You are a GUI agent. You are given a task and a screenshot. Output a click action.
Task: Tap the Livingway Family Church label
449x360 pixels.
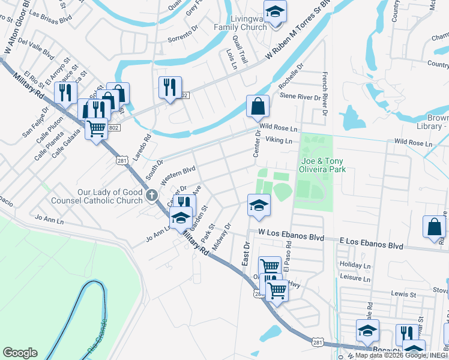point(241,23)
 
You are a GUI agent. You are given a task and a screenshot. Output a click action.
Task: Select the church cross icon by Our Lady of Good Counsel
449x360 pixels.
point(152,194)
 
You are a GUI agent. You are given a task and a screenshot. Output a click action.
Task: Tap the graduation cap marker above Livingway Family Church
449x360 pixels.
point(275,13)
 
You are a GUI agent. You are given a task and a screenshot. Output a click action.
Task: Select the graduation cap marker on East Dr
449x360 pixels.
point(258,206)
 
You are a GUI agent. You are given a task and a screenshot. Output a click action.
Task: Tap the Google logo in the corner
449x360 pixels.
point(20,353)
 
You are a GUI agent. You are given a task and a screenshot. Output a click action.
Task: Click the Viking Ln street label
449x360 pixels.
point(279,141)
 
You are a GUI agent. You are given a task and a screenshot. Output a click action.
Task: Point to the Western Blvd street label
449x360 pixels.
point(178,172)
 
